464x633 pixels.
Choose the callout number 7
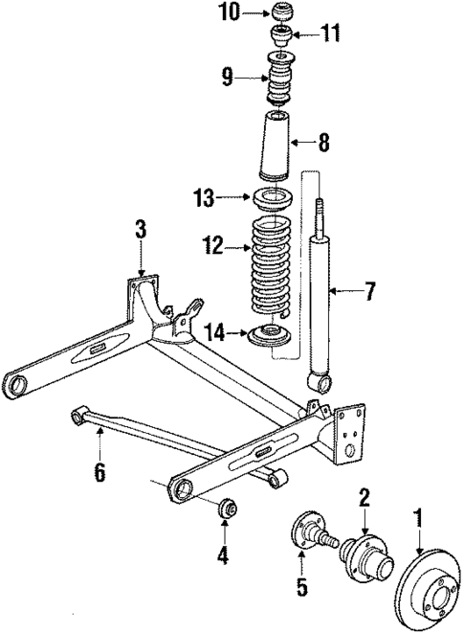point(370,290)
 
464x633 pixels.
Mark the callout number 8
point(323,144)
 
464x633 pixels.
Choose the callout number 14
point(214,331)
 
